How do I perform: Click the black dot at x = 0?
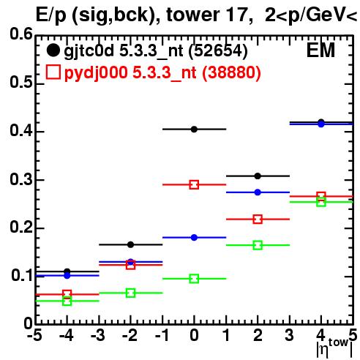(x=194, y=130)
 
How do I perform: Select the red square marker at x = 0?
(x=194, y=184)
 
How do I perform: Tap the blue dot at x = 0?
(x=194, y=237)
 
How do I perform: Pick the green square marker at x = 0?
(x=194, y=279)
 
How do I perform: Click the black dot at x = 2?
(x=258, y=176)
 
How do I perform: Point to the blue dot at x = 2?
(x=258, y=192)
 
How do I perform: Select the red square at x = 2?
(x=258, y=219)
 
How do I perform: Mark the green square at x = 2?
(x=258, y=245)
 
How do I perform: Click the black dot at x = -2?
(x=130, y=244)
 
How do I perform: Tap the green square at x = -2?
(x=130, y=293)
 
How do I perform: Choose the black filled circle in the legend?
(x=53, y=50)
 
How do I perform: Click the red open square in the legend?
(x=53, y=72)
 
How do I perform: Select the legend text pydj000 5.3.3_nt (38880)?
(x=162, y=73)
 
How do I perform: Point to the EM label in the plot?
(x=320, y=50)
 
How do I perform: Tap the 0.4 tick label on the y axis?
(x=21, y=131)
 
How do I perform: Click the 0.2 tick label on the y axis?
(x=21, y=228)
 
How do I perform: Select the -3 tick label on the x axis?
(x=98, y=335)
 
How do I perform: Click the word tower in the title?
(x=193, y=15)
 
